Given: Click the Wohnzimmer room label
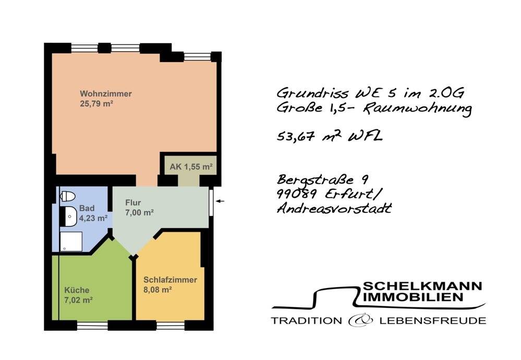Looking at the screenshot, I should (105, 94).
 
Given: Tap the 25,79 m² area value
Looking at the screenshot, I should (96, 103).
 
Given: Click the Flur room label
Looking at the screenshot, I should (133, 203).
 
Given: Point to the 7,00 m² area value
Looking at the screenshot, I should (139, 212).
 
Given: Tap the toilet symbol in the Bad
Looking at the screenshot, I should (68, 196).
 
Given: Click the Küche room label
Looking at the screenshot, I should (77, 290).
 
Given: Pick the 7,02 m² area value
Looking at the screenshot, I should (78, 300).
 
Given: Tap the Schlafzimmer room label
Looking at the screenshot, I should (170, 280).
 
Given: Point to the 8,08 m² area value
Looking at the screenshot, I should (157, 290).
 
